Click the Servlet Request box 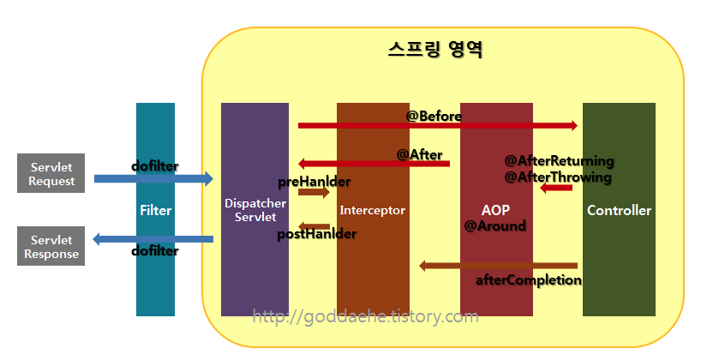(x=51, y=174)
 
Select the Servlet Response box (x=51, y=247)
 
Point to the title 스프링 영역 (x=434, y=49)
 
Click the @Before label (x=434, y=116)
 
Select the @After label (x=419, y=154)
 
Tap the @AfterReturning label (x=559, y=161)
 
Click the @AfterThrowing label (x=558, y=177)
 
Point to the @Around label (x=494, y=226)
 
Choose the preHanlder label (x=314, y=182)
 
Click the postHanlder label (x=316, y=233)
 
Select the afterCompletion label (x=528, y=280)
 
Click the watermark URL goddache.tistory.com (x=366, y=317)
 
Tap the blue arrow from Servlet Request (x=154, y=178)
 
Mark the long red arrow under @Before (x=437, y=126)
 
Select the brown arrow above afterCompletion (x=497, y=266)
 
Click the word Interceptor (x=372, y=210)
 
